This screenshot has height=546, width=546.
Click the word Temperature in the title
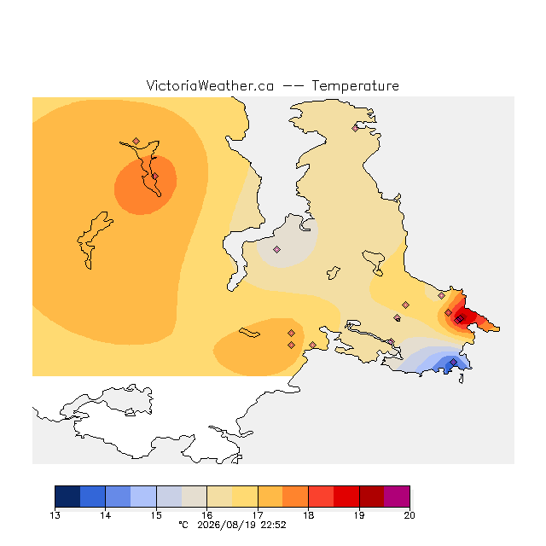[x=355, y=86]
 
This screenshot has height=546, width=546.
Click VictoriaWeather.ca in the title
[x=210, y=86]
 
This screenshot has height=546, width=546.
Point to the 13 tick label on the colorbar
[x=55, y=515]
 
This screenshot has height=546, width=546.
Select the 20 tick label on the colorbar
[x=409, y=515]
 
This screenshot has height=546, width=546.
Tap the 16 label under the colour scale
[x=206, y=515]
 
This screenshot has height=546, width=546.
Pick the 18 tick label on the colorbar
[x=308, y=515]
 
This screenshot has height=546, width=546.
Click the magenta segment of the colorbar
[x=397, y=497]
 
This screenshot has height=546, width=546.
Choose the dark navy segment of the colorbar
[x=67, y=497]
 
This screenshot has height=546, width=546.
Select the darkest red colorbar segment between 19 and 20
[x=372, y=497]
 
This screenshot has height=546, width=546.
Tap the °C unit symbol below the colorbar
[x=183, y=525]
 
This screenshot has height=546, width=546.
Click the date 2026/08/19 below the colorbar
[x=227, y=525]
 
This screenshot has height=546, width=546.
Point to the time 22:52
[x=273, y=525]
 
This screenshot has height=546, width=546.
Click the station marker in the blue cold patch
[x=453, y=362]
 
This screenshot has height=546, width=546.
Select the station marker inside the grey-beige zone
[x=276, y=249]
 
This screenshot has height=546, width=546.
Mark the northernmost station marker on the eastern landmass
[x=355, y=128]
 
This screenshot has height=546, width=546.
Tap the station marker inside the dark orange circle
[x=155, y=177]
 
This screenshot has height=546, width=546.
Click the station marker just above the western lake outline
[x=136, y=141]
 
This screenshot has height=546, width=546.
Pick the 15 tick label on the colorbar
[x=156, y=515]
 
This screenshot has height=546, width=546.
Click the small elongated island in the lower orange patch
[x=249, y=333]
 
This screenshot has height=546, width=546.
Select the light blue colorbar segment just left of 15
[x=143, y=497]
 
